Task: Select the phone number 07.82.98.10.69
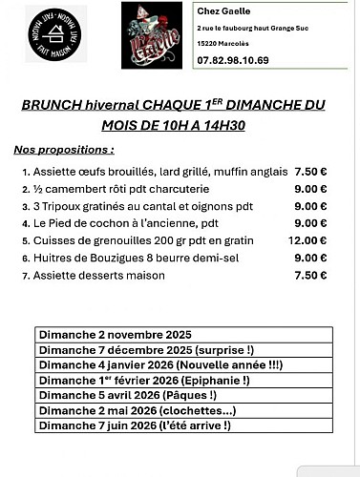[233, 60]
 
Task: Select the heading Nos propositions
[64, 151]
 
